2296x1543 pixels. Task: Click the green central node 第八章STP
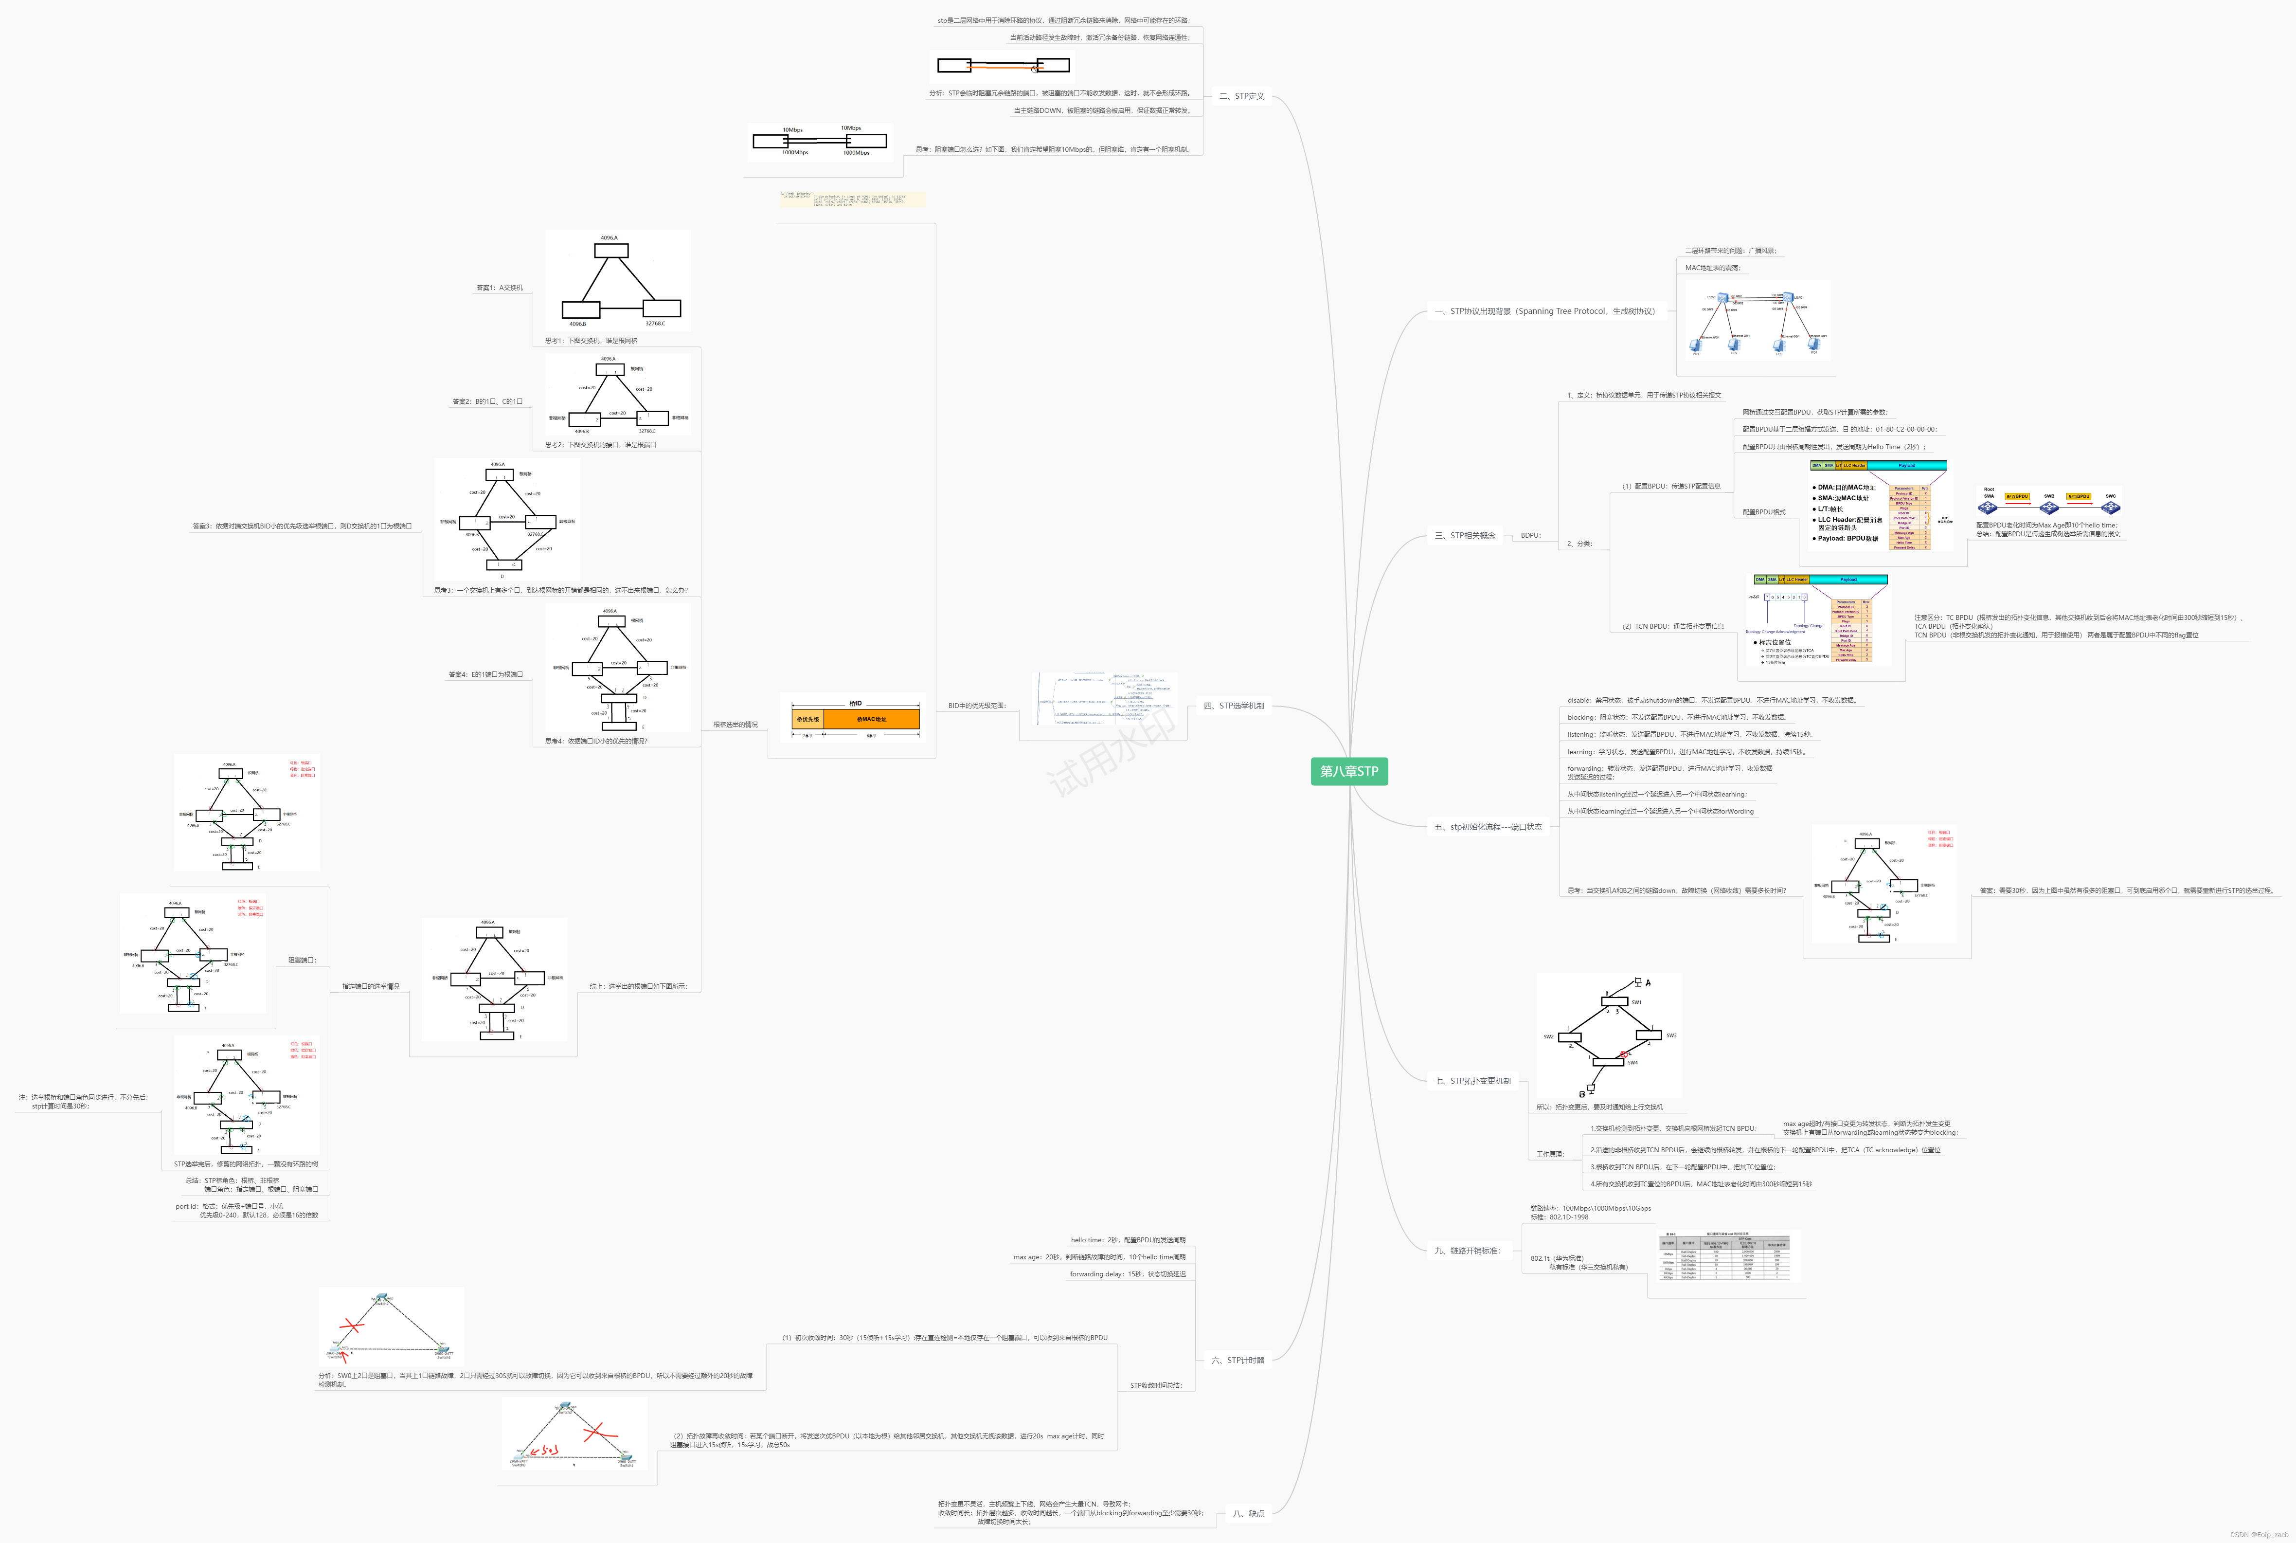click(x=1349, y=772)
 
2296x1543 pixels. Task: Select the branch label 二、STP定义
click(x=1241, y=96)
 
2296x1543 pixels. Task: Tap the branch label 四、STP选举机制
click(x=1234, y=706)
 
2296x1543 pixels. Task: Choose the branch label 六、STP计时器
click(x=1238, y=1360)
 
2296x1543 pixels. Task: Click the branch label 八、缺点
click(x=1248, y=1513)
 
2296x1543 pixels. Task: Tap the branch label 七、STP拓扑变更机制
click(x=1472, y=1081)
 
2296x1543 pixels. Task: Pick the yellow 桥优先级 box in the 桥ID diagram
click(x=807, y=719)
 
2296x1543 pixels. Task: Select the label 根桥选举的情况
click(x=736, y=724)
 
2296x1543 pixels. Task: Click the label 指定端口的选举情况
click(x=371, y=986)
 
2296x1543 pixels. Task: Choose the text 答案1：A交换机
click(x=500, y=289)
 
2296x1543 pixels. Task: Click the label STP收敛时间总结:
click(x=1156, y=1385)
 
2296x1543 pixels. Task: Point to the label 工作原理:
click(x=1550, y=1154)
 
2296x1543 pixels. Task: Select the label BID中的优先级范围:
click(x=977, y=706)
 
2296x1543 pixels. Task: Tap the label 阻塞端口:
click(x=302, y=961)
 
